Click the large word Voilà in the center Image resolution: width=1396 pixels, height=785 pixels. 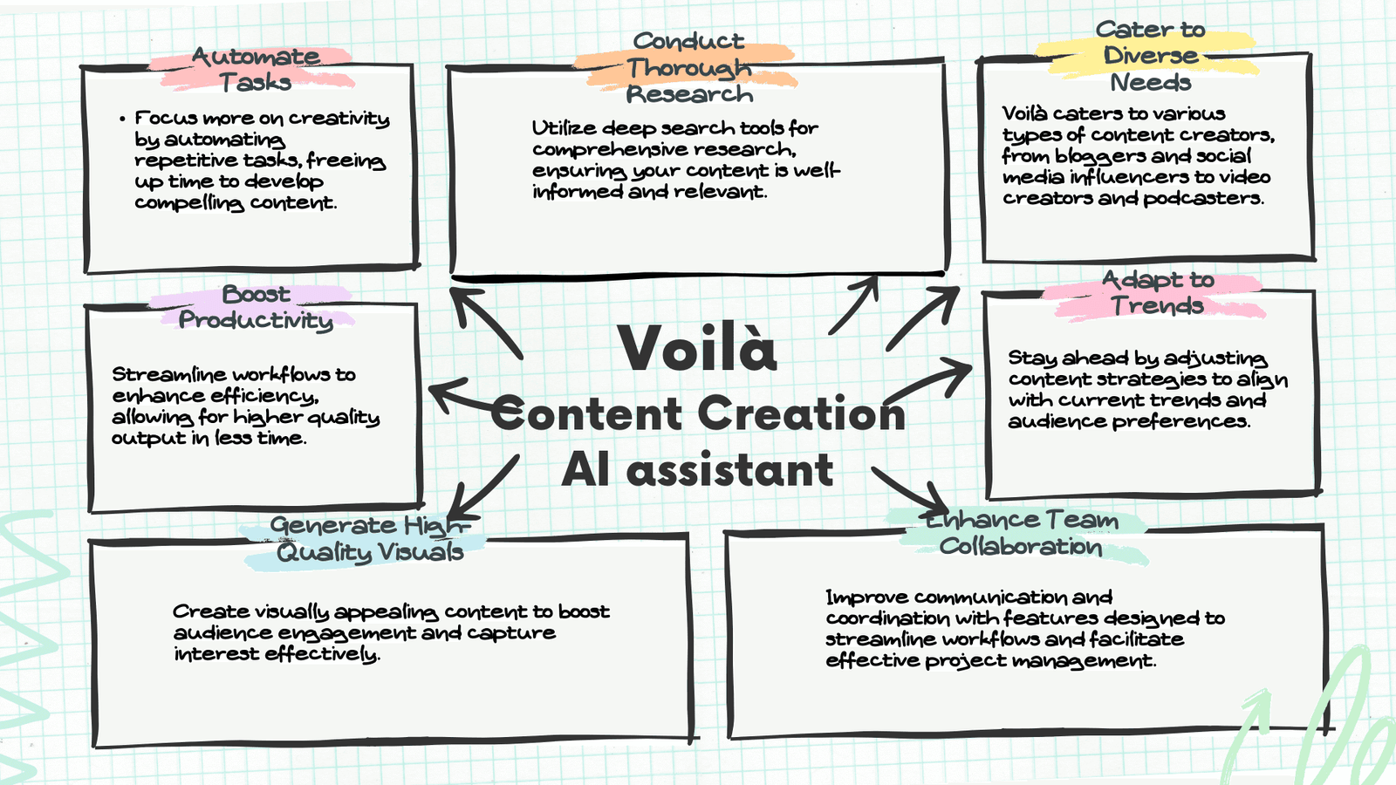(697, 349)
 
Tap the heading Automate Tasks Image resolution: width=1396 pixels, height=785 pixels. (255, 69)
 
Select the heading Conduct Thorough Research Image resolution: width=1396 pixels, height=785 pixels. (688, 67)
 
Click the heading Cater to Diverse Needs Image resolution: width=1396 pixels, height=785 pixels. (1150, 56)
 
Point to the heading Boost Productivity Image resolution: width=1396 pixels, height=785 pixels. (256, 307)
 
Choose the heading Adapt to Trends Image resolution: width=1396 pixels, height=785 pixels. (1157, 292)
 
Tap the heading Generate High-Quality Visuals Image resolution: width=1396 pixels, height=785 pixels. (370, 538)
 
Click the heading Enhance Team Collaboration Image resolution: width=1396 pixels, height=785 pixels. (1021, 533)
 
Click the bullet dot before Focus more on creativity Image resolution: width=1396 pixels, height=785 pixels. (123, 119)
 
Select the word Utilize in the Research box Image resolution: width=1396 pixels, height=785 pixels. (564, 128)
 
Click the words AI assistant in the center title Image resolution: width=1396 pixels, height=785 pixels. (697, 471)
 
